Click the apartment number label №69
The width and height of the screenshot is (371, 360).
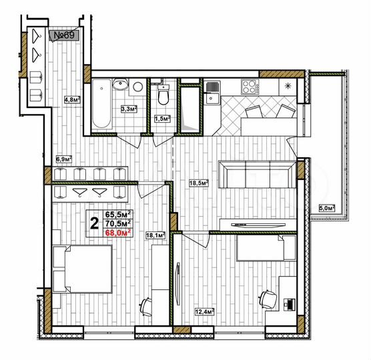click(63, 35)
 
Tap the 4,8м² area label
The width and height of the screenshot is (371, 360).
click(72, 100)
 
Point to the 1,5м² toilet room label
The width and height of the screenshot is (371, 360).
click(162, 119)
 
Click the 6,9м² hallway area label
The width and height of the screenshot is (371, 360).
click(63, 159)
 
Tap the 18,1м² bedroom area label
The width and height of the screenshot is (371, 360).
click(155, 235)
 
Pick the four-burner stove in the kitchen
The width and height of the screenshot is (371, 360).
click(250, 87)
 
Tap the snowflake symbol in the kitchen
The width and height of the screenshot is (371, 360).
click(288, 86)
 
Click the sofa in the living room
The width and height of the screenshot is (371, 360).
click(257, 177)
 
